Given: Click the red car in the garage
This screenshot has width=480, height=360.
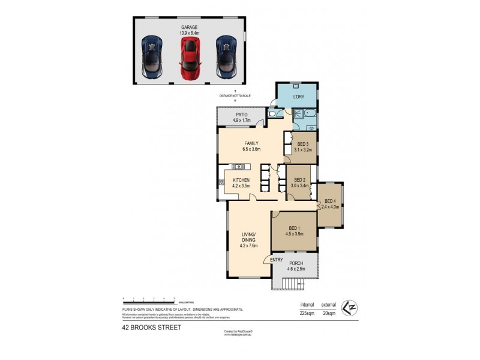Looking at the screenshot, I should click(190, 58).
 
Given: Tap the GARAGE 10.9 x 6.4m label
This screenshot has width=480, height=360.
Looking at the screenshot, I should click(190, 31).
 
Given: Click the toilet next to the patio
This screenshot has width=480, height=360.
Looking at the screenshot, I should click(272, 114).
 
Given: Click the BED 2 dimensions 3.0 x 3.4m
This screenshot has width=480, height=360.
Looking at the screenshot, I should click(300, 186).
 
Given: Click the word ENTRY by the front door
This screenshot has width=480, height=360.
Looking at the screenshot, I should click(277, 259).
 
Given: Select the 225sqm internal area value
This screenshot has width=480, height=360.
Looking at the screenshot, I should click(308, 313).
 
